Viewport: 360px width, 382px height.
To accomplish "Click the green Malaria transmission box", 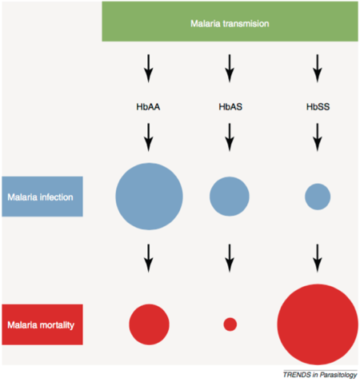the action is [x=230, y=22].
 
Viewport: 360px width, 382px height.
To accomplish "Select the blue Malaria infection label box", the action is [x=42, y=197].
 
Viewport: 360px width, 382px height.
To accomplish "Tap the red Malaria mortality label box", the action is [x=42, y=324].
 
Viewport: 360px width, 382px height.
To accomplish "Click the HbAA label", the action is [x=148, y=107].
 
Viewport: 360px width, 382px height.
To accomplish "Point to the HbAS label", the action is [x=230, y=107].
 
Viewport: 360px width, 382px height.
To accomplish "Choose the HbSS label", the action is [x=318, y=107].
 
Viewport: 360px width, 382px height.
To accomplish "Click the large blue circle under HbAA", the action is [x=149, y=197].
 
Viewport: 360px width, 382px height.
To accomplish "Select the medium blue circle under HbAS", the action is [x=230, y=197].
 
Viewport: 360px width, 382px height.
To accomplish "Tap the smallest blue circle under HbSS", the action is [x=318, y=197].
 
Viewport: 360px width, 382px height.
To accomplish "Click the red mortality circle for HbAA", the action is [x=149, y=324].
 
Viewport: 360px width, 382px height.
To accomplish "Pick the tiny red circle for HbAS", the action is [x=230, y=324].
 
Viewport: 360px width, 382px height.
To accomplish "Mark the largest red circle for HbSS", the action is [x=318, y=324].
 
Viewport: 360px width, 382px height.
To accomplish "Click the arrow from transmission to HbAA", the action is [x=149, y=68].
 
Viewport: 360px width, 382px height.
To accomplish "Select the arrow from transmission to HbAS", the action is [x=230, y=68].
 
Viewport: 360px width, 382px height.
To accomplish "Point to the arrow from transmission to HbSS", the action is [x=318, y=68].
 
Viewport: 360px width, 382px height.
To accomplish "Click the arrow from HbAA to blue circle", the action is [x=149, y=137].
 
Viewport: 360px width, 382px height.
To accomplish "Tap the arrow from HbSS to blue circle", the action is [x=318, y=137].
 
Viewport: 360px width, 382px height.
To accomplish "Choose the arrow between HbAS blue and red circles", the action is [x=230, y=258].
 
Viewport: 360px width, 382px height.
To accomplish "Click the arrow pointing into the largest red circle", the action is [x=318, y=258].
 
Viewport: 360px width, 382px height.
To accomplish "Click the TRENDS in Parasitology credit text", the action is [x=320, y=375].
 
